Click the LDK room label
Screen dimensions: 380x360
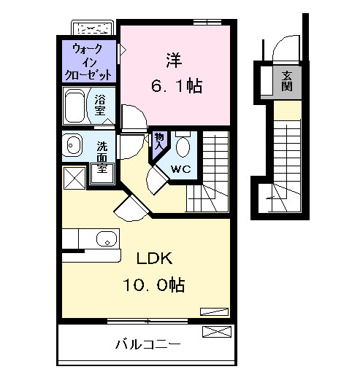click(x=153, y=258)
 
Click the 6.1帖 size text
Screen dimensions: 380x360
click(x=176, y=85)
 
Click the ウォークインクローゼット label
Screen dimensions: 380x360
click(x=92, y=62)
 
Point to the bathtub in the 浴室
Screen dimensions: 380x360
click(x=77, y=106)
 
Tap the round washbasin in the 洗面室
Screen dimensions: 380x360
click(x=73, y=146)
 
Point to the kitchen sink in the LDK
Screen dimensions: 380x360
click(x=107, y=239)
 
